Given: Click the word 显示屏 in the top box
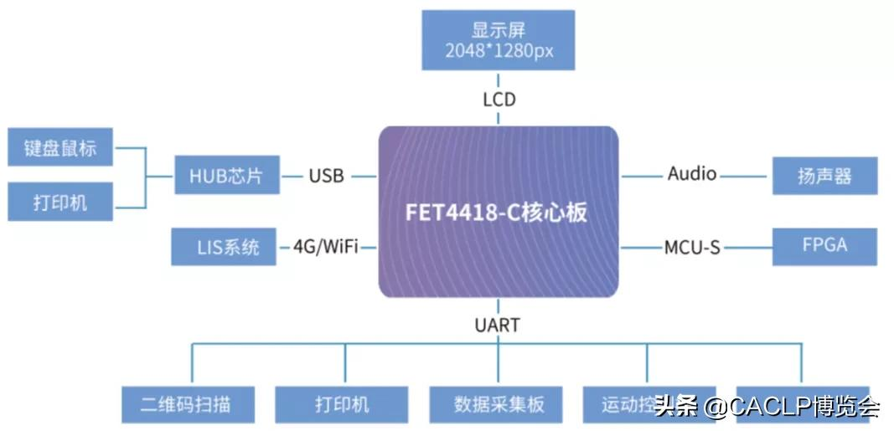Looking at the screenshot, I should (499, 30).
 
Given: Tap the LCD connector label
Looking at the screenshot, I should (499, 100).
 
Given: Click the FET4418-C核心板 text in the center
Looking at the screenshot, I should (497, 212).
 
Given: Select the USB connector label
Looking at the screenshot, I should (326, 176).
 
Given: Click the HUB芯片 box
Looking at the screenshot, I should (226, 176).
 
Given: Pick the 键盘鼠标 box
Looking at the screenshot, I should (60, 148).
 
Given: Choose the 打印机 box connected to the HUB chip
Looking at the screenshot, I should (60, 203).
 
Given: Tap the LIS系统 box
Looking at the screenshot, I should (223, 247).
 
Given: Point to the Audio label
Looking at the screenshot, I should (692, 174).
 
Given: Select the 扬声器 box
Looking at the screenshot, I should (824, 176).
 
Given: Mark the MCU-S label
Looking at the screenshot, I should (692, 248).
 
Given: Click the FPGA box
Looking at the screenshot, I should (824, 245).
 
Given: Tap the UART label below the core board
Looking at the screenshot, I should (498, 325).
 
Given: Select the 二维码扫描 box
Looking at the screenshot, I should (186, 405).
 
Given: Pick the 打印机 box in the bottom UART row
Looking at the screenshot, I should (342, 405).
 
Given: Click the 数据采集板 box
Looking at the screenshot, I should (499, 405).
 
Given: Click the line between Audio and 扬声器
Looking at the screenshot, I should (744, 177).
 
